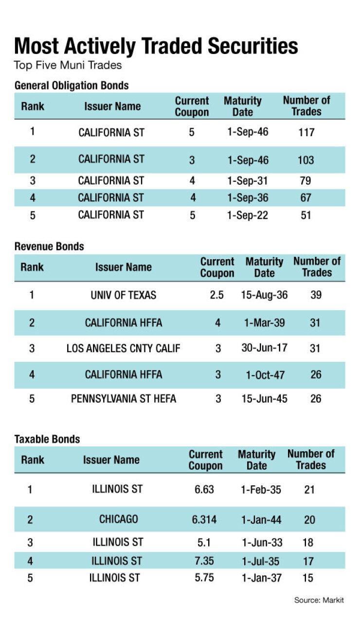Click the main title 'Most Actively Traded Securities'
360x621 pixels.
coord(156,46)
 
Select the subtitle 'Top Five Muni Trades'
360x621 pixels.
coord(68,66)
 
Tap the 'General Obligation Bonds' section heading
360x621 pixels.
coord(72,86)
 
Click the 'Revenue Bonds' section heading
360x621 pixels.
coord(49,247)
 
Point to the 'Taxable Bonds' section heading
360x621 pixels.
coord(47,439)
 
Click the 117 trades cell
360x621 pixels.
coord(306,133)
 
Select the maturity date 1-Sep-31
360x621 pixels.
coord(248,181)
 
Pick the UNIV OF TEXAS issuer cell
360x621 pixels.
coord(124,295)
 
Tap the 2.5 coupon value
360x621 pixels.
coord(216,295)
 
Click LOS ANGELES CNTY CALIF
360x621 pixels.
coord(124,348)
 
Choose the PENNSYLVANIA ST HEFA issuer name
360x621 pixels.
coord(124,399)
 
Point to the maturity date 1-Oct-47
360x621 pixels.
coord(265,375)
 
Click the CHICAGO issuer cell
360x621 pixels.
coord(118,519)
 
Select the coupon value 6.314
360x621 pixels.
coord(204,519)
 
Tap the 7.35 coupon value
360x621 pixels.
coord(204,561)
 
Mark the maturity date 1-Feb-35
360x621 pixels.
coord(261,490)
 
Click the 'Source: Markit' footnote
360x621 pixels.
coord(319,600)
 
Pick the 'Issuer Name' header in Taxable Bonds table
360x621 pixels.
coord(111,460)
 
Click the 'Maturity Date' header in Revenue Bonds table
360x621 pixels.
coord(264,267)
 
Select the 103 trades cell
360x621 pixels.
coord(306,160)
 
